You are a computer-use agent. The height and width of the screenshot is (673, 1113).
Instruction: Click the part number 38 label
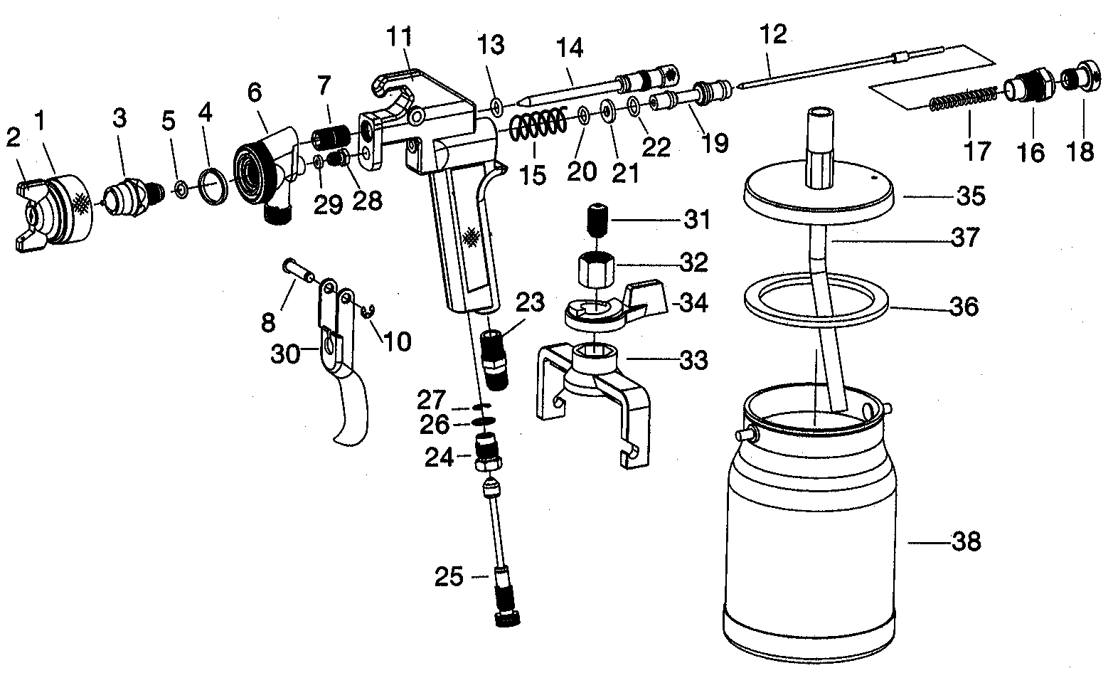(966, 541)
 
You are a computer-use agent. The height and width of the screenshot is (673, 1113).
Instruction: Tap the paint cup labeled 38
(811, 522)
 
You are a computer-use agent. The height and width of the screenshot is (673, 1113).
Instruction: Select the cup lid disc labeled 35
(819, 193)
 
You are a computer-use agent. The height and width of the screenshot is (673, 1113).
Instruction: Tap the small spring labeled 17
(964, 99)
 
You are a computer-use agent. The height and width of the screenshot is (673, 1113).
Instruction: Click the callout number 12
(773, 34)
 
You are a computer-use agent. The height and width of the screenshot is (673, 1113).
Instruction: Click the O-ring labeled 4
(213, 186)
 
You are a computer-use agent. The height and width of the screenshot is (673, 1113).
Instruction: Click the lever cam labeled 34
(615, 306)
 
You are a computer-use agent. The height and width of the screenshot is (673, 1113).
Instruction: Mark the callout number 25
(449, 577)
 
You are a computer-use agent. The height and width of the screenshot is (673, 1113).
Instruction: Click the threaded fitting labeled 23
(496, 361)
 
